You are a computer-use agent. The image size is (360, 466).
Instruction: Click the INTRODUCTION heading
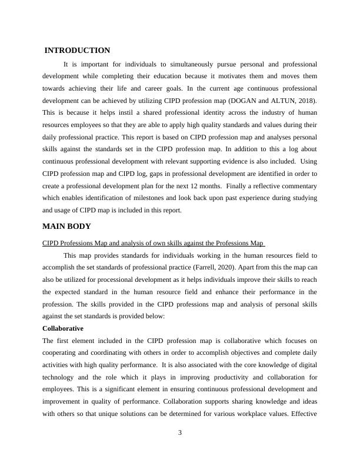[x=77, y=51]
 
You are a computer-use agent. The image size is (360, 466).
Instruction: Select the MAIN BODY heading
[x=66, y=226]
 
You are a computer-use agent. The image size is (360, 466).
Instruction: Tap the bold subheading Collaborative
[x=63, y=328]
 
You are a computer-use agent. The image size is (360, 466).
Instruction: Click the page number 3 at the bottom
[x=180, y=433]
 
